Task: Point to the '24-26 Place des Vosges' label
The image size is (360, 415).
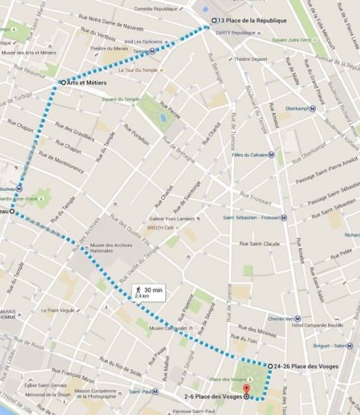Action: click(306, 365)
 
